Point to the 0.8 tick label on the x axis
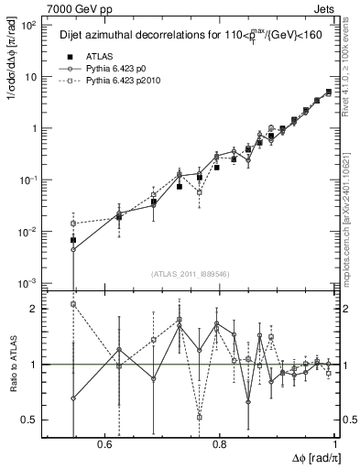[220, 443]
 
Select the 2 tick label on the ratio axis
[35, 310]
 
